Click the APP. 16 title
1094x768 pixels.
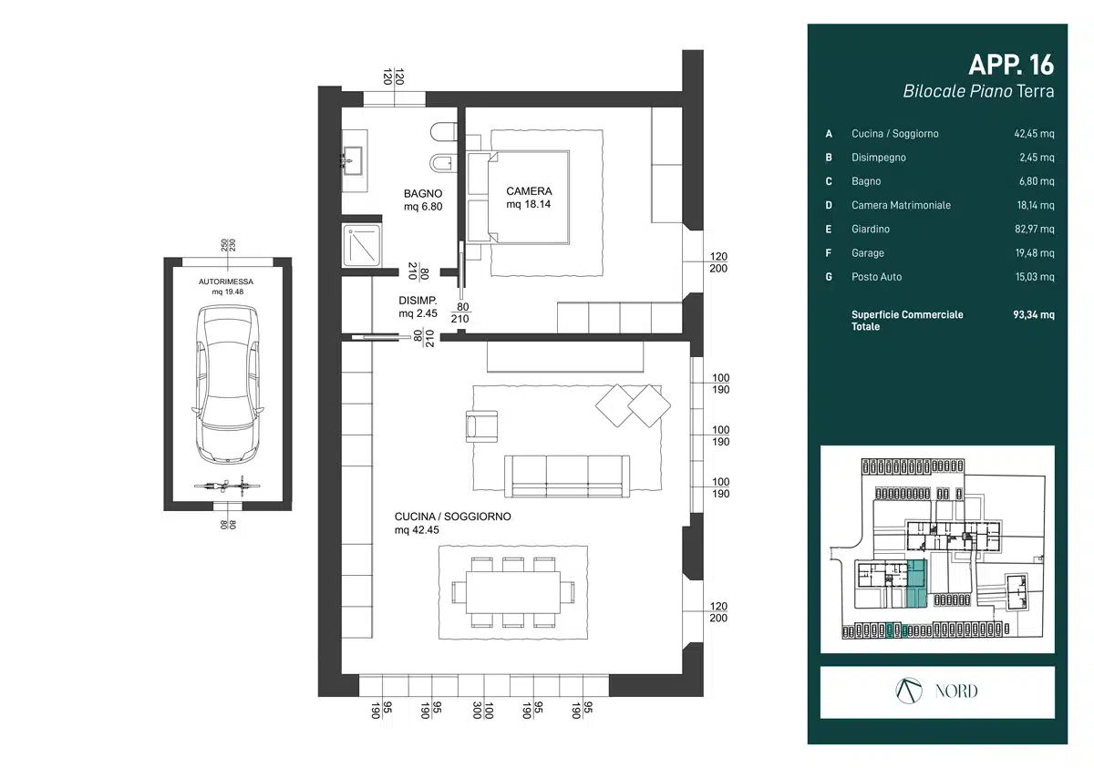pyautogui.click(x=1011, y=65)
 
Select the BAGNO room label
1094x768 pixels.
pyautogui.click(x=423, y=194)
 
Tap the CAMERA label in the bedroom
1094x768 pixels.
pyautogui.click(x=529, y=191)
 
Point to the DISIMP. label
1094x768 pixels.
pyautogui.click(x=418, y=301)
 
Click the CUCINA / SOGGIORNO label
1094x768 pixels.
pyautogui.click(x=453, y=517)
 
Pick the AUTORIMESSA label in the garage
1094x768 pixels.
pyautogui.click(x=226, y=282)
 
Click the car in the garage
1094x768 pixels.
pyautogui.click(x=228, y=384)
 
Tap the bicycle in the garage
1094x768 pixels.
pyautogui.click(x=227, y=486)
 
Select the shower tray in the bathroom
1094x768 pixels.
pyautogui.click(x=361, y=245)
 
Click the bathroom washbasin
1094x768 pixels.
pyautogui.click(x=352, y=159)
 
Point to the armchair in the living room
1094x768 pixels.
pyautogui.click(x=481, y=426)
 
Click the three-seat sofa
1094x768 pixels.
pyautogui.click(x=566, y=476)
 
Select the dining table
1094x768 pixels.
pyautogui.click(x=513, y=592)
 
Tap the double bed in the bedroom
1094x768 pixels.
pyautogui.click(x=518, y=197)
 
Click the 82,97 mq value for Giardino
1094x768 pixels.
pyautogui.click(x=1035, y=230)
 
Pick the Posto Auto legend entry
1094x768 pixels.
pyautogui.click(x=876, y=277)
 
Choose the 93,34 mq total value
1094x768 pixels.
pyautogui.click(x=1034, y=314)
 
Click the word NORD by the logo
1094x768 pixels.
pyautogui.click(x=956, y=691)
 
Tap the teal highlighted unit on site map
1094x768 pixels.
pyautogui.click(x=917, y=584)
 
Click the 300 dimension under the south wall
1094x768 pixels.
pyautogui.click(x=477, y=710)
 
